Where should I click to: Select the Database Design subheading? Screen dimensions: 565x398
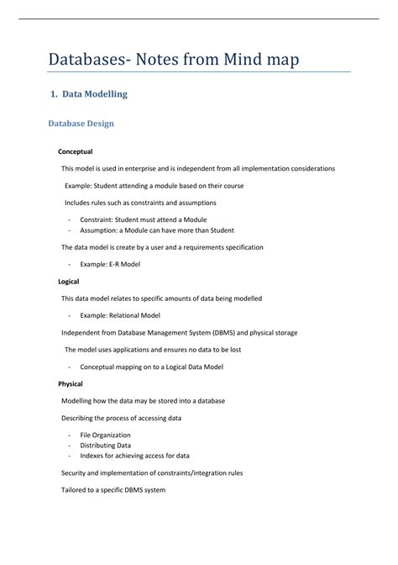click(81, 124)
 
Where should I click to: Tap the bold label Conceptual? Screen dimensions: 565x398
click(75, 151)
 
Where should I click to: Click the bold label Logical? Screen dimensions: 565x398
click(68, 282)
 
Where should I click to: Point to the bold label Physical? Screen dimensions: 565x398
click(70, 383)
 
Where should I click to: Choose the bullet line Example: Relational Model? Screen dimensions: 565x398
click(119, 315)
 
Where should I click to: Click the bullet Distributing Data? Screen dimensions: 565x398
click(105, 445)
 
